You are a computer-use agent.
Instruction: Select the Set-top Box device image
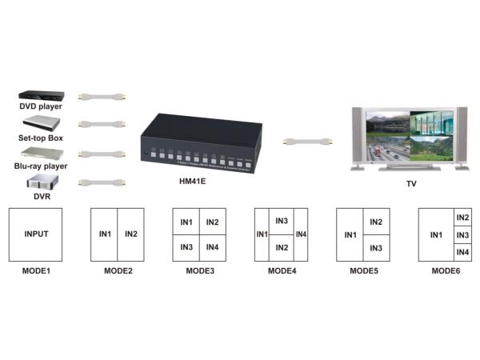(x=41, y=122)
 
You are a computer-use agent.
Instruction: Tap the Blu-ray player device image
(x=41, y=152)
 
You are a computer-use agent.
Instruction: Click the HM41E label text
(x=194, y=182)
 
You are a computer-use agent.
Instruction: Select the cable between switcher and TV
(x=308, y=142)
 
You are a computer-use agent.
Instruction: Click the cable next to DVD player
(x=102, y=97)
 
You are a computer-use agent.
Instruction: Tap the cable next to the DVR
(x=102, y=182)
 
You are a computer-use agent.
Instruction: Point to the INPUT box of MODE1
(x=37, y=234)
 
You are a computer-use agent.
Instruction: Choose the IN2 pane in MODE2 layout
(x=132, y=234)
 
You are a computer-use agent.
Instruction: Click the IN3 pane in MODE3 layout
(x=186, y=248)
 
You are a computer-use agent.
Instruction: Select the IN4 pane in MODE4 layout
(x=301, y=234)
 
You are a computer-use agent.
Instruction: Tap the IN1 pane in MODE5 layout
(x=350, y=234)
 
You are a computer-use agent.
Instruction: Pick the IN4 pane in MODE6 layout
(x=462, y=253)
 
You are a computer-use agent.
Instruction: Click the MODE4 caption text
(x=282, y=271)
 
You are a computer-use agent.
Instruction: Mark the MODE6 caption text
(x=446, y=271)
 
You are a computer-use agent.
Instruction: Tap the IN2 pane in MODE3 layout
(x=212, y=222)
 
